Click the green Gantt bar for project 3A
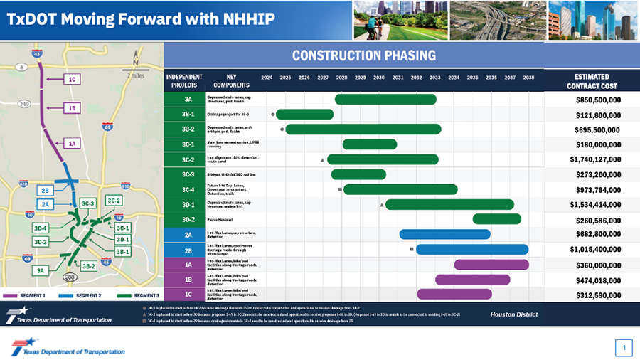coord(385,99)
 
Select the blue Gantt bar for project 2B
coord(472,249)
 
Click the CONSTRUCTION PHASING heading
coord(364,55)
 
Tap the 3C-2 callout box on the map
coord(113,201)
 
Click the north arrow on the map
coord(136,62)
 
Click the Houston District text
coord(513,314)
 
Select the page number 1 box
coord(623,348)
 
